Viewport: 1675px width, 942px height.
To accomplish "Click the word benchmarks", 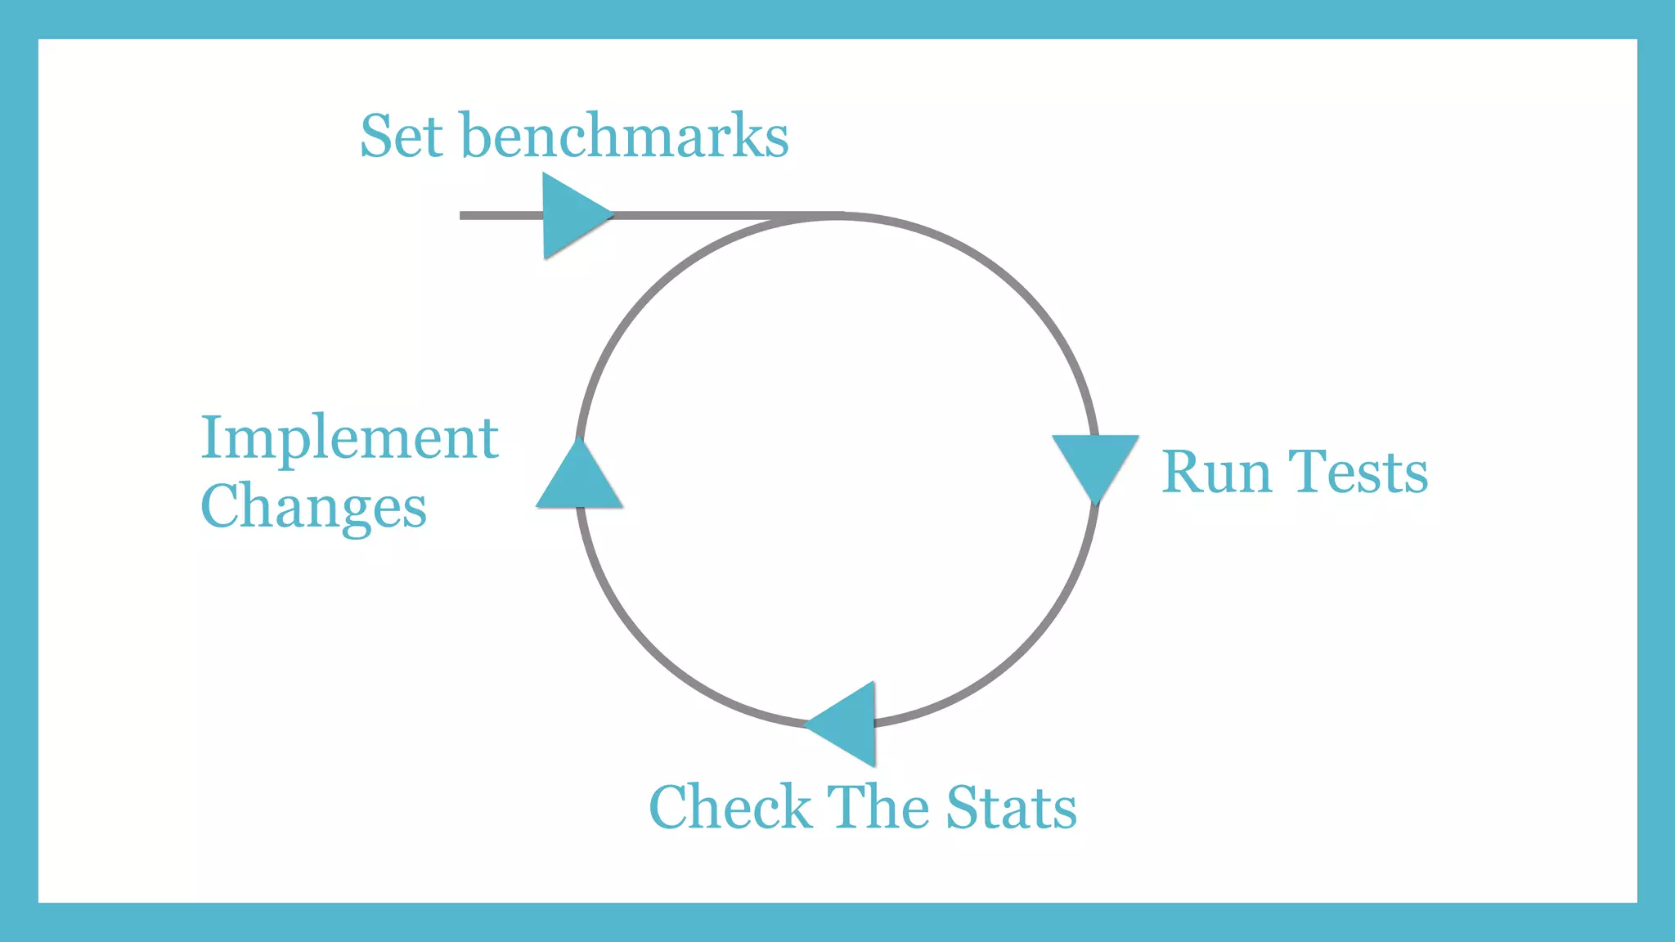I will click(625, 136).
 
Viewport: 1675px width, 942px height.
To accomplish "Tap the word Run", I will click(1216, 473).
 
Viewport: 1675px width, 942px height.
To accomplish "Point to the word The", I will click(878, 807).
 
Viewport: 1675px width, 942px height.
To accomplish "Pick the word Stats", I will click(1011, 807).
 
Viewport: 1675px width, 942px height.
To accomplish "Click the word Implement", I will click(349, 438).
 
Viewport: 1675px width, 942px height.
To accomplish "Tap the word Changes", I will click(313, 507).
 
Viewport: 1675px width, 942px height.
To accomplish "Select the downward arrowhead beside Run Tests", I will click(1095, 463).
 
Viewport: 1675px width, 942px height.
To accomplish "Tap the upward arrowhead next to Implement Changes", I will click(579, 479).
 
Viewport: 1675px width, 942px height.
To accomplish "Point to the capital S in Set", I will click(378, 136).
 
